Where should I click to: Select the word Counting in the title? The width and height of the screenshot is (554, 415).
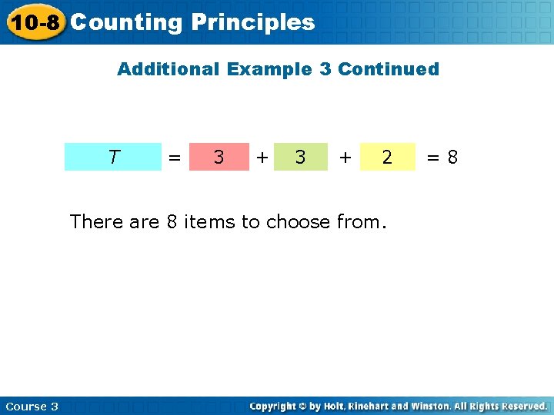126,22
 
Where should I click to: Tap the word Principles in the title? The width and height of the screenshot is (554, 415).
253,22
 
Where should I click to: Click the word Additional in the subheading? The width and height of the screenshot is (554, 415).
168,69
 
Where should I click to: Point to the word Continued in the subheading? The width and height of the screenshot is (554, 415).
389,69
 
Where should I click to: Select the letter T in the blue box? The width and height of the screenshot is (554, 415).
113,157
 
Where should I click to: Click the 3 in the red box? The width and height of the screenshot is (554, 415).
219,157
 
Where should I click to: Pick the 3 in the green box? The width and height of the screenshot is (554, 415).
301,157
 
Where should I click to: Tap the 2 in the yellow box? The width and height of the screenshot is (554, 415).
387,157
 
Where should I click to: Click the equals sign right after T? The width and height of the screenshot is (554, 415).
175,157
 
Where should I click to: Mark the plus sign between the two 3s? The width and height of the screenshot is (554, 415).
262,157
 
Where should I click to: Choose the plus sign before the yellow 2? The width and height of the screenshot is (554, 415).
346,157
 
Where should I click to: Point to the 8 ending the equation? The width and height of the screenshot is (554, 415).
452,157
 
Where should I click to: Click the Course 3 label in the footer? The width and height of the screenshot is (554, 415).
32,406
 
